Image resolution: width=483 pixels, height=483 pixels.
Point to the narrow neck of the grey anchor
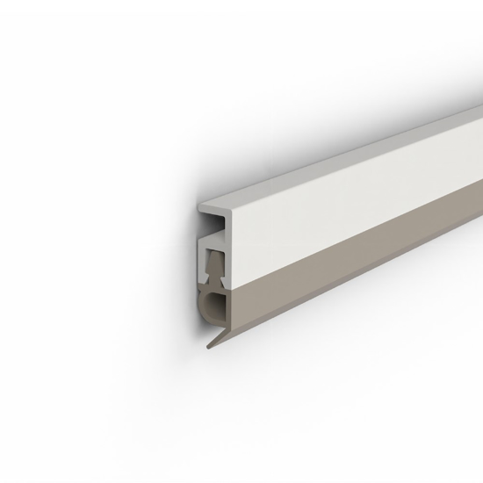(215, 279)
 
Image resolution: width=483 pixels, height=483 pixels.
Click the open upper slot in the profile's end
(216, 223)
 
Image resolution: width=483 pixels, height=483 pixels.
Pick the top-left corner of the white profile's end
(198, 204)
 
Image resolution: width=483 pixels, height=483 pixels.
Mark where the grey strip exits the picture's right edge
(480, 220)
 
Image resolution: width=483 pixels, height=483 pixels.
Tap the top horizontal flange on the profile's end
(211, 208)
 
